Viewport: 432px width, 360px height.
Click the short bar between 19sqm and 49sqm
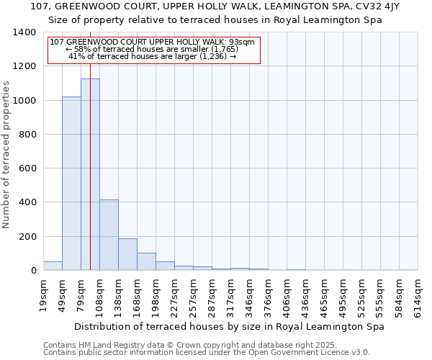click(53, 266)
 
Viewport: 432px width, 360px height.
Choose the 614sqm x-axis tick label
click(418, 294)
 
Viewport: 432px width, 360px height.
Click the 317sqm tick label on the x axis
click(231, 294)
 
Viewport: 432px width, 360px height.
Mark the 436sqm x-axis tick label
click(306, 294)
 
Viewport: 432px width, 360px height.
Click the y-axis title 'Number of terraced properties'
click(6, 155)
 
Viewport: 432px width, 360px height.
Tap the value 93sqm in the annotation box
click(240, 42)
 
